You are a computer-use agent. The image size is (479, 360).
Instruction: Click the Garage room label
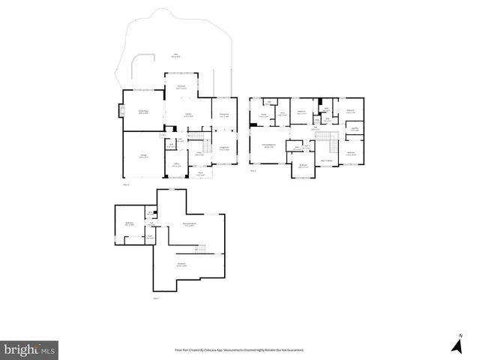[x=143, y=156]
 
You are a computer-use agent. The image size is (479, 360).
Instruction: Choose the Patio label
[x=176, y=55]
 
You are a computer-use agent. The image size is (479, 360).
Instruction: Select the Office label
[x=175, y=165]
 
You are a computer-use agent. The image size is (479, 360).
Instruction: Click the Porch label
[x=200, y=173]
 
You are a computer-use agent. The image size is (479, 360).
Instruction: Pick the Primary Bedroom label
[x=268, y=145]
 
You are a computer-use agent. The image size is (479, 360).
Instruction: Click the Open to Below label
[x=327, y=160]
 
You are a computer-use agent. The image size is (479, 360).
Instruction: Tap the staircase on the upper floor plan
[x=324, y=138]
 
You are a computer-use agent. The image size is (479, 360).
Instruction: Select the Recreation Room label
[x=190, y=224]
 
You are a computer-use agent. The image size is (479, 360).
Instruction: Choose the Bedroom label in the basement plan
[x=129, y=223]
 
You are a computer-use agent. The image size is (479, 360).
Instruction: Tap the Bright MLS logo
[x=30, y=349]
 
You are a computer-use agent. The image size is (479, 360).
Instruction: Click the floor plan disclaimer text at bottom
[x=244, y=349]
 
